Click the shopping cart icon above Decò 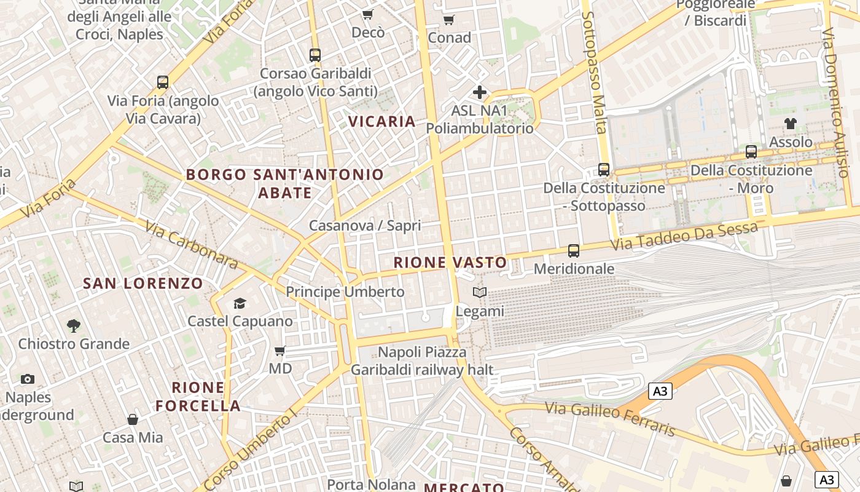pyautogui.click(x=367, y=14)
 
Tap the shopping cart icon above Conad pyautogui.click(x=449, y=20)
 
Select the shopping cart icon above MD pyautogui.click(x=280, y=351)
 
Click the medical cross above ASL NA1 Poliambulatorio pyautogui.click(x=480, y=93)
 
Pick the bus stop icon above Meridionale pyautogui.click(x=574, y=250)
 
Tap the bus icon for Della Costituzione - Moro pyautogui.click(x=751, y=151)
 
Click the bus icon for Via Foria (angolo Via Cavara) pyautogui.click(x=163, y=82)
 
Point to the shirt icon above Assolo pyautogui.click(x=791, y=124)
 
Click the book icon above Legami pyautogui.click(x=480, y=293)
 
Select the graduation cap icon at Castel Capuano pyautogui.click(x=240, y=303)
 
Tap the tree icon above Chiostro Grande pyautogui.click(x=74, y=325)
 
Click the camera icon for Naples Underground pyautogui.click(x=28, y=379)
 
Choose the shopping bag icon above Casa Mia pyautogui.click(x=133, y=419)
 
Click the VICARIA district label pyautogui.click(x=382, y=121)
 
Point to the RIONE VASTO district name pyautogui.click(x=450, y=263)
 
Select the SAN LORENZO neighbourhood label pyautogui.click(x=143, y=284)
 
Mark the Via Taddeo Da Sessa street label pyautogui.click(x=684, y=237)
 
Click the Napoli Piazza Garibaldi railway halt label pyautogui.click(x=422, y=361)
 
